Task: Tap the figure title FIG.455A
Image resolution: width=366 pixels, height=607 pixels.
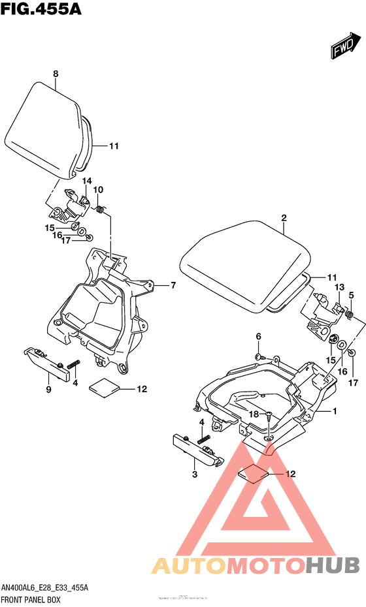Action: point(40,12)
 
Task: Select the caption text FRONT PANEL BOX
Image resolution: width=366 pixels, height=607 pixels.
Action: point(31,599)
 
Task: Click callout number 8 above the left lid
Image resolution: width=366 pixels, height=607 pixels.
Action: point(56,74)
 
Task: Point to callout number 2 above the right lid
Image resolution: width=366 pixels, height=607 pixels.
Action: point(284,219)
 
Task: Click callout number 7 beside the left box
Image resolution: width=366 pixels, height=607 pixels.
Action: point(173,285)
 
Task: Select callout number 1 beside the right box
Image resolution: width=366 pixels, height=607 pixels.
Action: point(334,411)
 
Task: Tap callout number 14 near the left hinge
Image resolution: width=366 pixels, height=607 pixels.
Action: point(87,181)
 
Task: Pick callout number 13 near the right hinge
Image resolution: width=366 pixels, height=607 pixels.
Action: point(339,287)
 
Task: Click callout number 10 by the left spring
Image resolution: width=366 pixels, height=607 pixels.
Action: point(99,190)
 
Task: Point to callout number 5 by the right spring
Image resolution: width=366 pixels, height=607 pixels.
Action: point(351,295)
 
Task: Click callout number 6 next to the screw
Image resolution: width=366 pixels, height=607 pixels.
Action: point(258,336)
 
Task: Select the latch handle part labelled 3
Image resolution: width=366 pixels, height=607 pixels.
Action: point(197,450)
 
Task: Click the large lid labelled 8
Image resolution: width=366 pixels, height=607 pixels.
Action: point(49,131)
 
